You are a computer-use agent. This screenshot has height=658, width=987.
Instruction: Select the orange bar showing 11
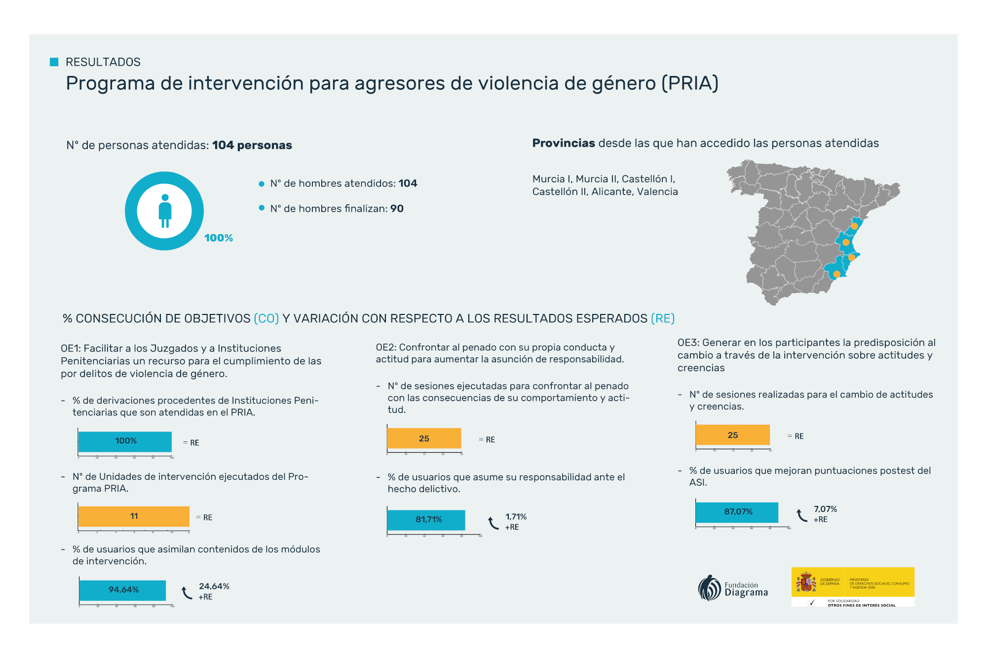point(134,516)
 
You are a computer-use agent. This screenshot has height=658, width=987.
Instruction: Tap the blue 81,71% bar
point(426,520)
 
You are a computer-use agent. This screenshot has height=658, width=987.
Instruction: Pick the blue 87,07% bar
point(737,512)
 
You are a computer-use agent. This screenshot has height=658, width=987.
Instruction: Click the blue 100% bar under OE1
point(125,441)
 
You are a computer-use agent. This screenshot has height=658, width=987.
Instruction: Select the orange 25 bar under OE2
point(424,438)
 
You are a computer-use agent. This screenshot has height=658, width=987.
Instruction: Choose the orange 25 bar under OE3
point(732,435)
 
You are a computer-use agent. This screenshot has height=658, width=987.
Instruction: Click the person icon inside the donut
point(165,211)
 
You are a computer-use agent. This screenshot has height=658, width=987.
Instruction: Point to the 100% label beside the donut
point(219,238)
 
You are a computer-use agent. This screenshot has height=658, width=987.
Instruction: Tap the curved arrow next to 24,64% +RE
point(187,592)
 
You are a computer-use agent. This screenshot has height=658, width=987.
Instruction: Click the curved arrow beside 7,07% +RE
point(802,515)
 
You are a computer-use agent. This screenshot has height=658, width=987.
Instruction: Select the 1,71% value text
point(516,516)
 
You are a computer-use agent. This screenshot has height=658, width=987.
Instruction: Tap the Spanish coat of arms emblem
point(805,582)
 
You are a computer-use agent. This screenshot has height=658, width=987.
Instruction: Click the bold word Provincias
point(564,143)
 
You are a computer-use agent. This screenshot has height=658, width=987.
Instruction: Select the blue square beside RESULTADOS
point(54,62)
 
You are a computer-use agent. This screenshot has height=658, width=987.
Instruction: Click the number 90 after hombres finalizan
point(397,208)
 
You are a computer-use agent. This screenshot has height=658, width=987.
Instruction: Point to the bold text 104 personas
point(252,145)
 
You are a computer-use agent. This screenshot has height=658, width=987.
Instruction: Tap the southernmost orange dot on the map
point(836,274)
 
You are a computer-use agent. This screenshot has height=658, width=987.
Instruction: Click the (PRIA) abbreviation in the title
point(690,83)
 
